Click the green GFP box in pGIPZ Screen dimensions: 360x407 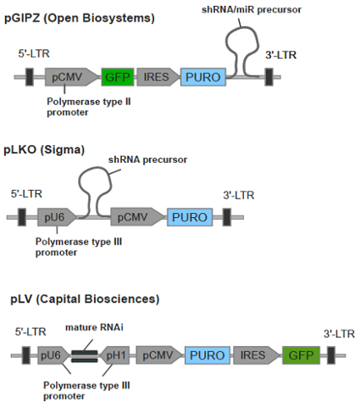pyautogui.click(x=118, y=77)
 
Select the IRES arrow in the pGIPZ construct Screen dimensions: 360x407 pyautogui.click(x=158, y=77)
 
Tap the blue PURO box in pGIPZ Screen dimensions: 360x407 pyautogui.click(x=203, y=77)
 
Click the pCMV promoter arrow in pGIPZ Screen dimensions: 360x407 pyautogui.click(x=70, y=77)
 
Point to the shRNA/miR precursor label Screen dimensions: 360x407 pyautogui.click(x=252, y=10)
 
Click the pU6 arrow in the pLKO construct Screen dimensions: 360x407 pyautogui.click(x=57, y=217)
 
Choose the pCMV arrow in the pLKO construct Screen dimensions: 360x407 pyautogui.click(x=137, y=217)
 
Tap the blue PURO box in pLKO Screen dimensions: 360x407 pyautogui.click(x=190, y=217)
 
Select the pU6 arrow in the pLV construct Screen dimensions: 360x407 pyautogui.click(x=53, y=355)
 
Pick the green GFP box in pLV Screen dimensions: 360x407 pyautogui.click(x=301, y=355)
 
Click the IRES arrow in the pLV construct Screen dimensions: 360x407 pyautogui.click(x=256, y=355)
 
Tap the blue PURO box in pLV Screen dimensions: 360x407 pyautogui.click(x=208, y=355)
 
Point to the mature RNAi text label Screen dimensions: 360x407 pyautogui.click(x=94, y=327)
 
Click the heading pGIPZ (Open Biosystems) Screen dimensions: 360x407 pyautogui.click(x=80, y=19)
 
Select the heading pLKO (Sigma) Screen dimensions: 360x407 pyautogui.click(x=44, y=149)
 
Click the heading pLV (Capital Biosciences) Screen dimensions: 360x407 pyautogui.click(x=85, y=299)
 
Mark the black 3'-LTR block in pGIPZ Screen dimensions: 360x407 pyautogui.click(x=269, y=77)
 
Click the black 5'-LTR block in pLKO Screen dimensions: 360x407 pyautogui.click(x=22, y=217)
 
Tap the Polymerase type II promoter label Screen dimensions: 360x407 pyautogui.click(x=89, y=107)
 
